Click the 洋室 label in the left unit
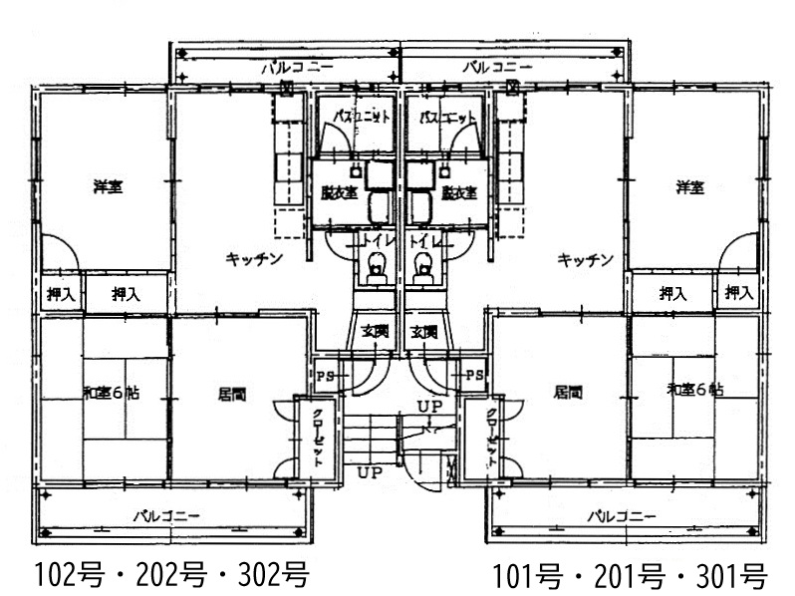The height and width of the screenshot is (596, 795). (x=108, y=187)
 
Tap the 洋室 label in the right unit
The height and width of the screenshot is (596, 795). (x=689, y=187)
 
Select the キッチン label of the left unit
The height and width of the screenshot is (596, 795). (x=256, y=259)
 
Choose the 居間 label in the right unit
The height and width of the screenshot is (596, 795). (x=567, y=393)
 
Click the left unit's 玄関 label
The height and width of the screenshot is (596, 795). (x=374, y=331)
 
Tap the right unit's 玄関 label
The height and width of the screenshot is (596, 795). (x=425, y=331)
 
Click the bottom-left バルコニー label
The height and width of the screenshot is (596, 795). (x=167, y=516)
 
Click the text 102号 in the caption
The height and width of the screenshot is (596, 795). (x=72, y=576)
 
